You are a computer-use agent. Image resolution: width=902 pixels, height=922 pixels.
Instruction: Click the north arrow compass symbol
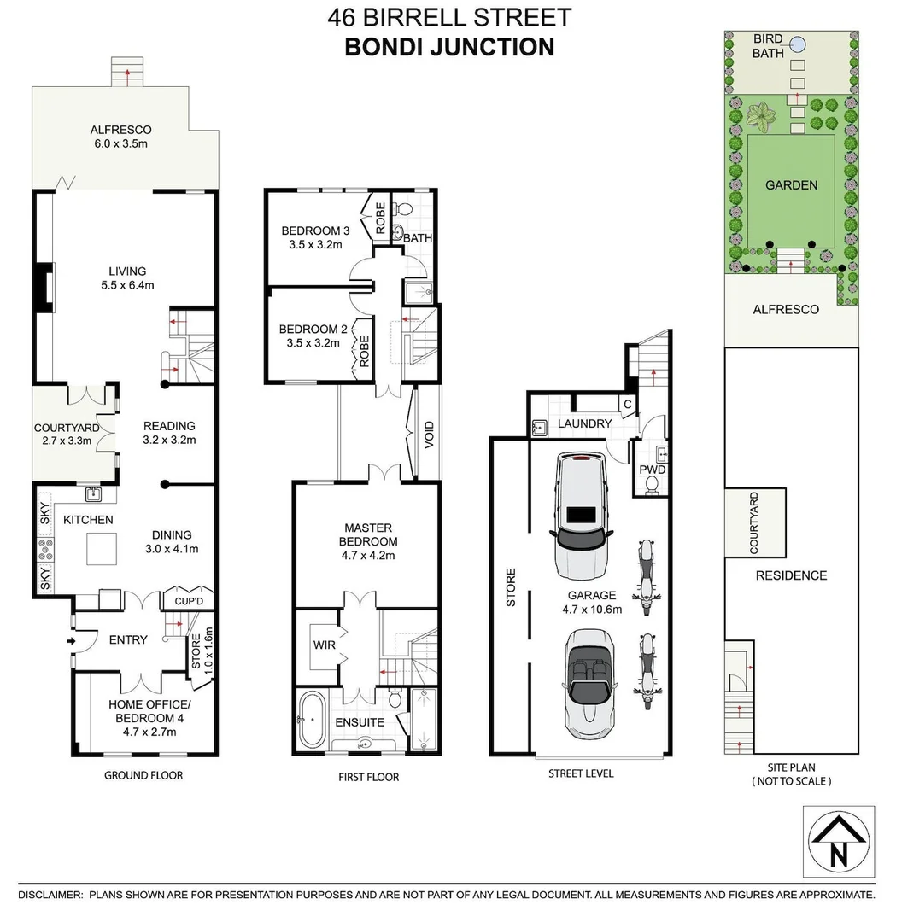click(840, 842)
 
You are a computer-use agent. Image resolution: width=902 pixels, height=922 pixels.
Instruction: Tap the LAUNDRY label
click(585, 423)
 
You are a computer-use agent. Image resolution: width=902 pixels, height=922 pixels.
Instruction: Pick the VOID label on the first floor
click(429, 437)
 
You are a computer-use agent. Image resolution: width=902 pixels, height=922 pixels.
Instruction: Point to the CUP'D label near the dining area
click(189, 601)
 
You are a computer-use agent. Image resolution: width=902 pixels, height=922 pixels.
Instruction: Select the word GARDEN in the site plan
click(791, 184)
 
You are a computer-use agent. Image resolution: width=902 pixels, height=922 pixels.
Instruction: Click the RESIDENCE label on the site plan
click(791, 575)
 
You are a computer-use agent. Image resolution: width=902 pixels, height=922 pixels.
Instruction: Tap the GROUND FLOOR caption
click(143, 775)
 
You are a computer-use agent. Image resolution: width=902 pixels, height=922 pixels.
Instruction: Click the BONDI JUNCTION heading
click(449, 46)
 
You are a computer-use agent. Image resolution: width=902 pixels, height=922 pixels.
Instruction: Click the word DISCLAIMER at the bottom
click(50, 896)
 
